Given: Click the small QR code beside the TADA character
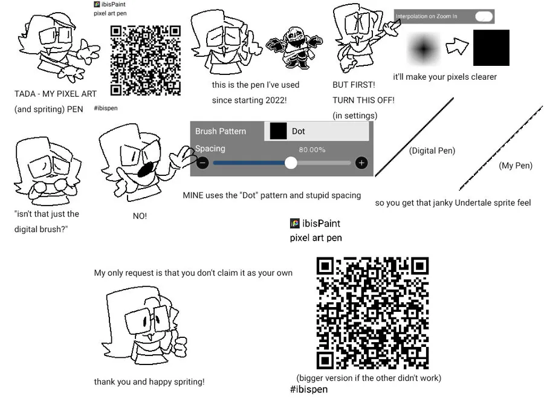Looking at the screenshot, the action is click(146, 60).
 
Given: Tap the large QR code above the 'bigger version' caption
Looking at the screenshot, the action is click(372, 313).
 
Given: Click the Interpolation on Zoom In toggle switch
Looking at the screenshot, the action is click(484, 16).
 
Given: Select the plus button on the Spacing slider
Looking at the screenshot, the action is click(361, 163).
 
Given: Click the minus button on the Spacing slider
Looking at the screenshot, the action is click(202, 163).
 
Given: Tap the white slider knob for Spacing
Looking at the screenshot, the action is click(291, 163).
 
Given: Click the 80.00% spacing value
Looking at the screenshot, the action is click(312, 149).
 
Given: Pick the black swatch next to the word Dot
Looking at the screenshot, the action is click(278, 131).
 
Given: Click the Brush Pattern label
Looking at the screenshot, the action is click(221, 131).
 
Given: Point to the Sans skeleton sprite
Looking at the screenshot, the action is click(294, 48).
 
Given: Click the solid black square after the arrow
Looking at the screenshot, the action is click(491, 48).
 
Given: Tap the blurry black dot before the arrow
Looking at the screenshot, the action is click(424, 49).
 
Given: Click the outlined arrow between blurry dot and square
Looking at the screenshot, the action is click(458, 46).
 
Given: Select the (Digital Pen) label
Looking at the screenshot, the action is click(432, 151).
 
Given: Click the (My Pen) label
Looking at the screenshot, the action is click(516, 166).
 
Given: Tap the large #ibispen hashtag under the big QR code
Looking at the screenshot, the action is click(309, 389).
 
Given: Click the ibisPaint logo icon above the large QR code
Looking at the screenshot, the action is click(294, 224).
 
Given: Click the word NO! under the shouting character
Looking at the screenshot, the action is click(140, 216).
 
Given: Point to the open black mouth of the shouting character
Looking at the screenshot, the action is click(146, 169).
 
